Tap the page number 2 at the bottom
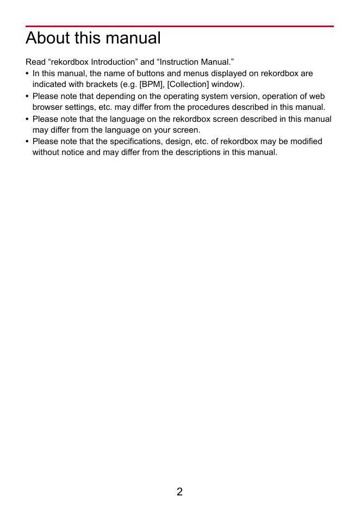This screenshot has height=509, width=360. tap(179, 492)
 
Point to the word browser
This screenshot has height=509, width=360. tap(47, 107)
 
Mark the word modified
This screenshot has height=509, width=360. tap(306, 141)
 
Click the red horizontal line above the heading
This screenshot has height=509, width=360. tap(179, 26)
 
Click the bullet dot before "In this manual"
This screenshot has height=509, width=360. tap(27, 73)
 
